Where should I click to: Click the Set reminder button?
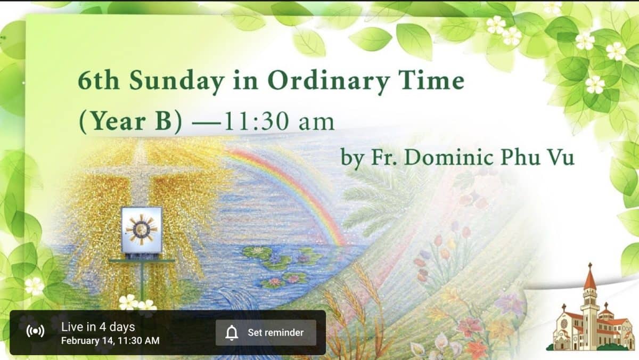pos(266,333)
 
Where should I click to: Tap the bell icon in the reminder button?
pos(232,333)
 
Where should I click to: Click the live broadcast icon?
pos(35,331)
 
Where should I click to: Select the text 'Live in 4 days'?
pos(98,327)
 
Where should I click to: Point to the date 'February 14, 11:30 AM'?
pos(110,341)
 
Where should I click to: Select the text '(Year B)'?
pos(130,121)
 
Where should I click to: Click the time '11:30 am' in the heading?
pos(279,121)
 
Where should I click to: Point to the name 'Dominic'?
pos(449,157)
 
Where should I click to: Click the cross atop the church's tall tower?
pos(590,266)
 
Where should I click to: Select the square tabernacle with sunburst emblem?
pos(142,230)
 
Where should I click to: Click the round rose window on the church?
pos(564,323)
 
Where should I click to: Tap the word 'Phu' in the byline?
pos(521,157)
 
